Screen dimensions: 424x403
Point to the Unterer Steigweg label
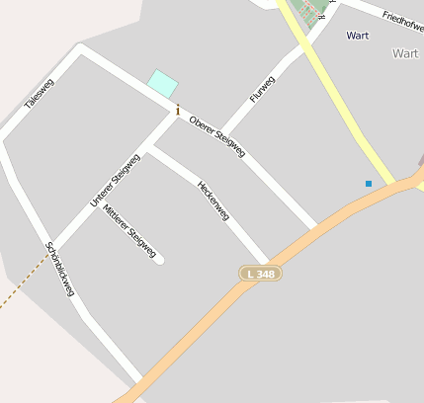pos(115,180)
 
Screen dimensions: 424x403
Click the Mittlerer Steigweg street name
pos(129,231)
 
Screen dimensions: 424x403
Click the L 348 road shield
pos(258,273)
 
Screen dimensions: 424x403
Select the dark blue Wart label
pos(358,36)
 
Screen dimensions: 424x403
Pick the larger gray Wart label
pos(405,53)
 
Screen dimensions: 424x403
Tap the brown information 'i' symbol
pos(177,110)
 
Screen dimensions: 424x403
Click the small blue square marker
pos(369,183)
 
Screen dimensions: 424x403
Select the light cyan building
pos(162,83)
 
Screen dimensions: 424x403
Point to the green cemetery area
pos(312,12)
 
